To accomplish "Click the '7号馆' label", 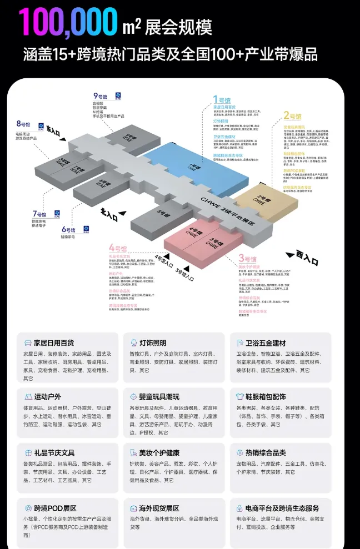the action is pos(41,213).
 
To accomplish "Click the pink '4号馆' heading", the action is pos(119,247).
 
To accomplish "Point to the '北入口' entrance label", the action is pos(109,214).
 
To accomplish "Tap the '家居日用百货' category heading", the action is pos(54,343).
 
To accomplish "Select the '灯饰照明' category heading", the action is pos(148,343).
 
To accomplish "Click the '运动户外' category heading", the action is pos(47,397).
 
